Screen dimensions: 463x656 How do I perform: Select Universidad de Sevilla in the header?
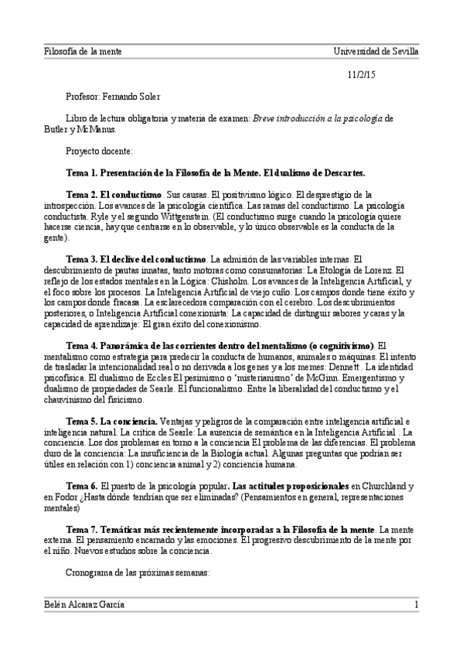click(x=376, y=51)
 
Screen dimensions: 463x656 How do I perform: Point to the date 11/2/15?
click(x=361, y=75)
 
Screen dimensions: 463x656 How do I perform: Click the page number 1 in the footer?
click(x=416, y=604)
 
